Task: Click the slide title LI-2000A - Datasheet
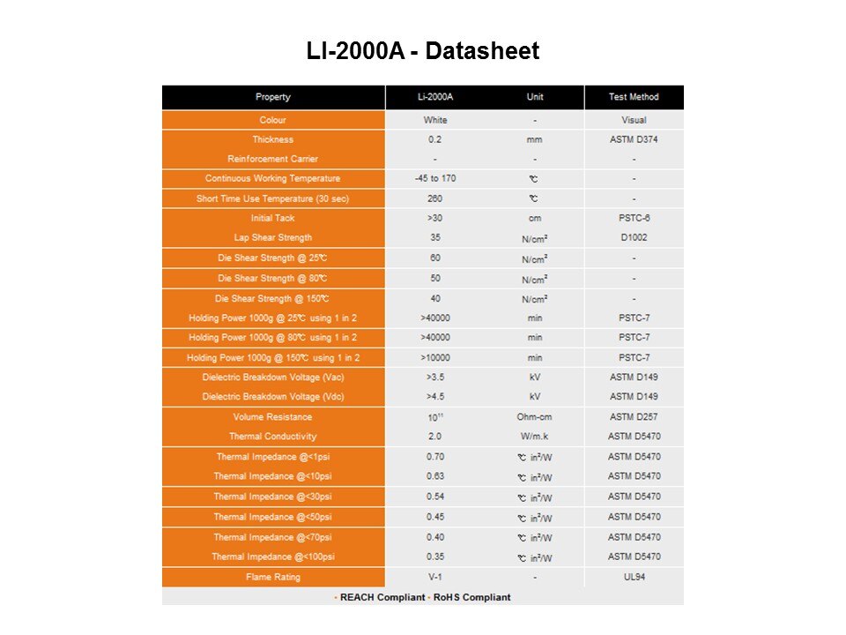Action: [422, 52]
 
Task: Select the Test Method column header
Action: [633, 97]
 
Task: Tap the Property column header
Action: [272, 97]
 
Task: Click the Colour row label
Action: [272, 120]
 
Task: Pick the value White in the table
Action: [435, 120]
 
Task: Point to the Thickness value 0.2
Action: [435, 139]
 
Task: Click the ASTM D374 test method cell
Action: [634, 139]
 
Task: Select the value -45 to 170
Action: [435, 179]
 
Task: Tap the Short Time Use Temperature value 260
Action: [435, 198]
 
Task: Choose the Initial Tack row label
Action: [272, 218]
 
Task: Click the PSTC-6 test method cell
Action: [634, 218]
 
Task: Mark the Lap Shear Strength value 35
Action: [435, 237]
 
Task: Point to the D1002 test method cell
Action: [634, 237]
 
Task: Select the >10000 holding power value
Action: [435, 357]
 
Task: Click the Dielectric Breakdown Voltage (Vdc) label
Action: [272, 397]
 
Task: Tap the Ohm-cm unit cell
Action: [534, 417]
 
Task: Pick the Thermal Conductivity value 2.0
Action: [435, 437]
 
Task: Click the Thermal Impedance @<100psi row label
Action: [272, 557]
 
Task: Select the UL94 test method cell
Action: [634, 577]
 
